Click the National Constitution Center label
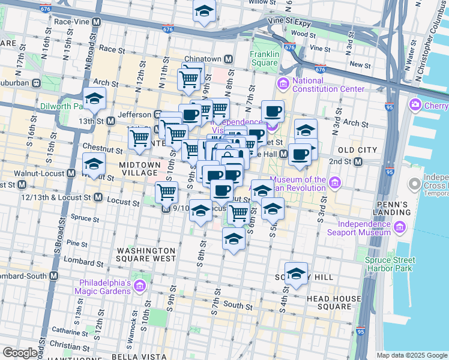pyautogui.click(x=328, y=85)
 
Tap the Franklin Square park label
pyautogui.click(x=264, y=58)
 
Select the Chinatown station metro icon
pyautogui.click(x=228, y=59)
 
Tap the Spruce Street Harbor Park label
pyautogui.click(x=390, y=264)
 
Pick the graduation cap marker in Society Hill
pyautogui.click(x=296, y=274)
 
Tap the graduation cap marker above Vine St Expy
pyautogui.click(x=204, y=11)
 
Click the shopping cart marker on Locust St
pyautogui.click(x=166, y=192)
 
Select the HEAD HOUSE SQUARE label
pyautogui.click(x=328, y=302)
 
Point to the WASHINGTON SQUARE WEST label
pyautogui.click(x=146, y=254)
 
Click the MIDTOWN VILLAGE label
pyautogui.click(x=139, y=169)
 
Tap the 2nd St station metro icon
pyautogui.click(x=358, y=161)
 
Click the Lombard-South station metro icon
pyautogui.click(x=54, y=275)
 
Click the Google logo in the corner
pyautogui.click(x=20, y=353)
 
